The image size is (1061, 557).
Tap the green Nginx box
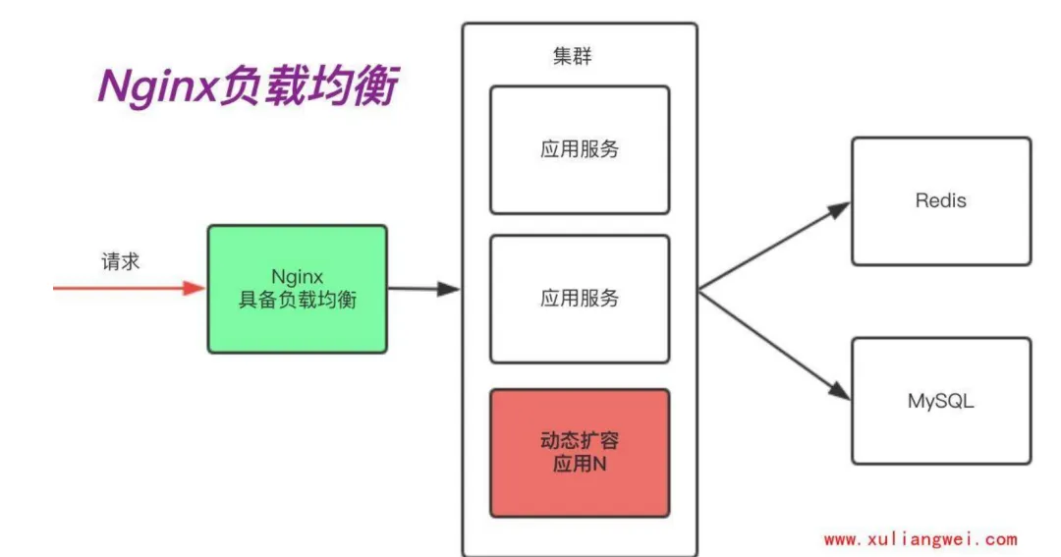tap(297, 289)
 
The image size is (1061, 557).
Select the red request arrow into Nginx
tap(128, 288)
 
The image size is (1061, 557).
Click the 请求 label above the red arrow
tap(121, 261)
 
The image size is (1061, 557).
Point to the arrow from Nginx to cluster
tap(423, 289)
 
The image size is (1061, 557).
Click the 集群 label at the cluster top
tap(573, 56)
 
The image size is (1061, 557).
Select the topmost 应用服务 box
tap(580, 149)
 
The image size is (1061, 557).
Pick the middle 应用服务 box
tap(580, 299)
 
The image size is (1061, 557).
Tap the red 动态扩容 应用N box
tap(580, 453)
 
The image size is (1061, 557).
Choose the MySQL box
tap(940, 401)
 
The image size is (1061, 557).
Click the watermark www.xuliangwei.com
tap(921, 539)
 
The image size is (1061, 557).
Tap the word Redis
tap(940, 200)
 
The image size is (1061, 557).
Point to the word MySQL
tap(940, 401)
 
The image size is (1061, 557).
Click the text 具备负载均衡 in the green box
tap(297, 301)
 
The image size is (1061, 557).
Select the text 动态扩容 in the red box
tap(580, 441)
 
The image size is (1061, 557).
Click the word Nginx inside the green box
tap(297, 276)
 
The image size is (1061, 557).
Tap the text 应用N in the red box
tap(580, 465)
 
